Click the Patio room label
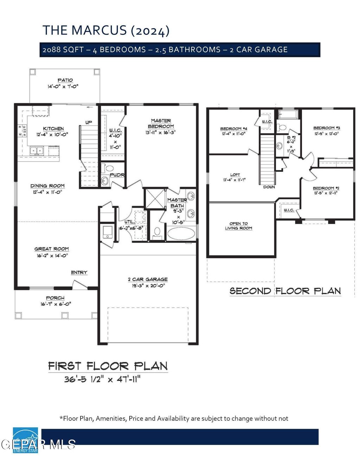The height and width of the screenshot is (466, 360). click(x=65, y=80)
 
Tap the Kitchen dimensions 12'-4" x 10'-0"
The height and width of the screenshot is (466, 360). click(x=53, y=134)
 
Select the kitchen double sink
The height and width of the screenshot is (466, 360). click(x=36, y=151)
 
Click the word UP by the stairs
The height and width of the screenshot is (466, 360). click(x=89, y=122)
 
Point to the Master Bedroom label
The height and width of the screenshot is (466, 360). click(x=161, y=123)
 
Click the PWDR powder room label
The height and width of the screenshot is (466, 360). click(x=117, y=175)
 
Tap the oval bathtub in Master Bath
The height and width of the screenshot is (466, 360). click(x=181, y=233)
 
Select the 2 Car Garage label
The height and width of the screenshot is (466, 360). click(x=148, y=279)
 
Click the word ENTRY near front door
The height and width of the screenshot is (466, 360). click(x=79, y=272)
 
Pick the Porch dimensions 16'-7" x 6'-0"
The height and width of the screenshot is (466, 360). click(x=56, y=304)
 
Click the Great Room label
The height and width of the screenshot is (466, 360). click(x=52, y=249)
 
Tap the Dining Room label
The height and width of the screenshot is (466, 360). click(x=47, y=186)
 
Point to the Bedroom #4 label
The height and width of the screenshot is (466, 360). click(x=234, y=129)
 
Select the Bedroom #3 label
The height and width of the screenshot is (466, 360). click(x=327, y=128)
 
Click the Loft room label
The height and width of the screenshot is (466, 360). click(x=235, y=175)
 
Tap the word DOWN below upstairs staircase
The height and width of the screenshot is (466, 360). click(x=269, y=187)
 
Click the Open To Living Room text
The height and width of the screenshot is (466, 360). click(x=239, y=226)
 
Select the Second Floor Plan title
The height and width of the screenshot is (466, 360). click(x=285, y=291)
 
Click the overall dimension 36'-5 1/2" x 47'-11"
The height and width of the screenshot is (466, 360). click(x=102, y=379)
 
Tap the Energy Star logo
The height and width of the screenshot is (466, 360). click(x=25, y=440)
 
